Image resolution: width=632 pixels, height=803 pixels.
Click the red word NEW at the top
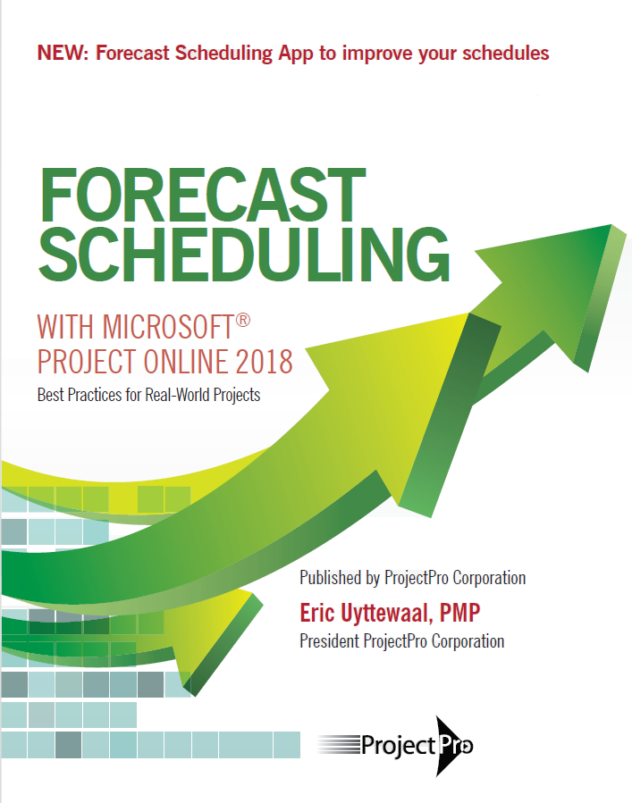[x=60, y=54]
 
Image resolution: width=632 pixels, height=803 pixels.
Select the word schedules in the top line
[x=505, y=54]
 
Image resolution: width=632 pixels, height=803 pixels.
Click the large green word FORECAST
[x=202, y=195]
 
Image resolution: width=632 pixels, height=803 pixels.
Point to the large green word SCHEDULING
[x=245, y=254]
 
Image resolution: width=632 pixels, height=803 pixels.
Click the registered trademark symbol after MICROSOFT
[x=243, y=321]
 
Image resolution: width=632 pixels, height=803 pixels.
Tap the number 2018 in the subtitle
[x=265, y=362]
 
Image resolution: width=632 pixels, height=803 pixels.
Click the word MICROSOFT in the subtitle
[x=168, y=327]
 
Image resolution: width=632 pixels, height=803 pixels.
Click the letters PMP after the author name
[x=459, y=613]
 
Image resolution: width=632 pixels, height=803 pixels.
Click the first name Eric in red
[x=316, y=613]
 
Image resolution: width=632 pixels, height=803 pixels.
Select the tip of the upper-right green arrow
[x=611, y=225]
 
